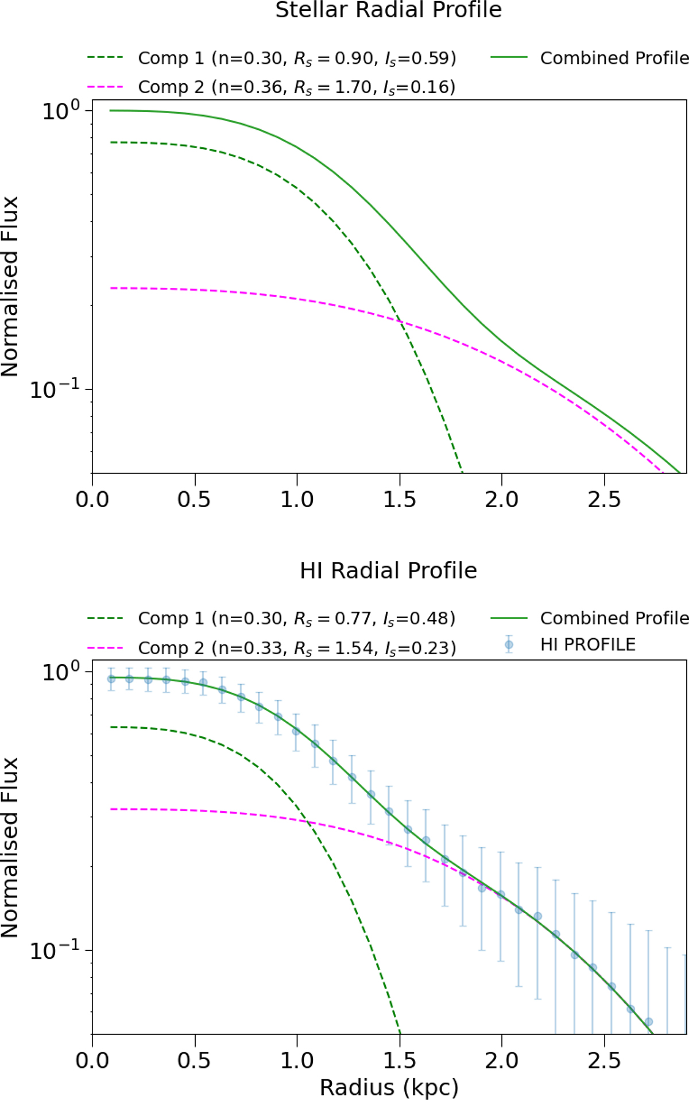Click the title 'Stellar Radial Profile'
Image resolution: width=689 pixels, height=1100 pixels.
(388, 10)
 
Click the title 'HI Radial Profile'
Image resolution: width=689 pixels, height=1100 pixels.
(388, 570)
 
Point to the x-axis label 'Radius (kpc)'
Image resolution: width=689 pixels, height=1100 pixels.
(389, 1087)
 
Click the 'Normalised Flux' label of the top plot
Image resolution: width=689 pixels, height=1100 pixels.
(10, 287)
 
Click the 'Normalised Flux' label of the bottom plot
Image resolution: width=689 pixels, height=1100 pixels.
(10, 847)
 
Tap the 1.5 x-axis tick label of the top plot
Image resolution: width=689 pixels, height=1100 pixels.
(400, 499)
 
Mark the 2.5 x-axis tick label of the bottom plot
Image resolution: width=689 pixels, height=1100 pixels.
(604, 1060)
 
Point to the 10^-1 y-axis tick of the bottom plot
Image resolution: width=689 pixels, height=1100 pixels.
(55, 951)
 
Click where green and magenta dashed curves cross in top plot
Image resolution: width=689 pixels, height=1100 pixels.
(400, 322)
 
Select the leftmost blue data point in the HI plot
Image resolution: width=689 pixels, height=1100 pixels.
(111, 679)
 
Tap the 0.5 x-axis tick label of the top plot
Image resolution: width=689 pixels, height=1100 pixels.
(194, 499)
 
